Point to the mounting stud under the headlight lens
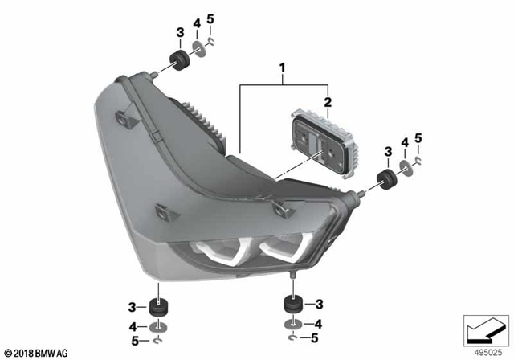[x=292, y=282]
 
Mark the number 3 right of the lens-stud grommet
[x=318, y=304]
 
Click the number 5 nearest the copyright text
[x=135, y=341]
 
